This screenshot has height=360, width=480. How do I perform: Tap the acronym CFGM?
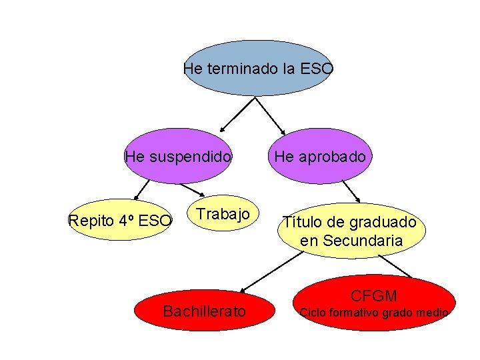[373, 295]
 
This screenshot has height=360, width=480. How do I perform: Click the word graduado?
[383, 222]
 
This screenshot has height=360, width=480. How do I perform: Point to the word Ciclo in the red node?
[313, 312]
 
